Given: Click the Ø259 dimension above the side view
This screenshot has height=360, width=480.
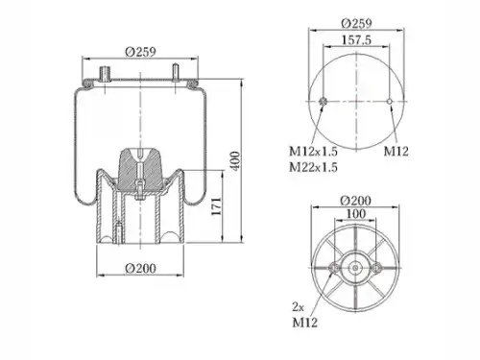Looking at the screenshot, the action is click(x=140, y=52).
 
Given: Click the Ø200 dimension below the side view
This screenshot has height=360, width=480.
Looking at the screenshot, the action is click(x=140, y=268).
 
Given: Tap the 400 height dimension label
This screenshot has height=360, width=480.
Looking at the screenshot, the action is click(x=235, y=161).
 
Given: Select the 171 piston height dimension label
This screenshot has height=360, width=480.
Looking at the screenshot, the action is click(x=217, y=206).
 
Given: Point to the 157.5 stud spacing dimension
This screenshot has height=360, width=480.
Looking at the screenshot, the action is click(x=356, y=40).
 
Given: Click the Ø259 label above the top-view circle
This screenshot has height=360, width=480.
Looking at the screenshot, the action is click(x=356, y=23).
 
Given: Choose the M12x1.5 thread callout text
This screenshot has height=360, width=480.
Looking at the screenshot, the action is click(x=313, y=151).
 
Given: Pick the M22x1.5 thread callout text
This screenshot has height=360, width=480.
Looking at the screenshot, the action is click(x=313, y=167).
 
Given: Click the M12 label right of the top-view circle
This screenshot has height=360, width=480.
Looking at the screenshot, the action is click(x=396, y=151).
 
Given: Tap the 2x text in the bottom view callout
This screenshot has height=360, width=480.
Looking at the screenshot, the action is click(x=298, y=307).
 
